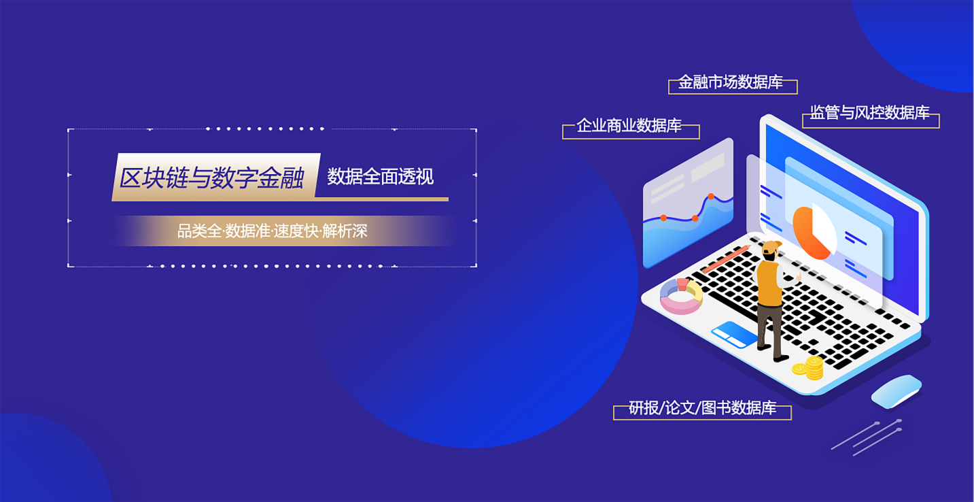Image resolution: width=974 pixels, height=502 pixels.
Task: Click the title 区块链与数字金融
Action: (x=212, y=178)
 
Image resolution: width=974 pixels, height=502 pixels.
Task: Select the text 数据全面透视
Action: (x=381, y=177)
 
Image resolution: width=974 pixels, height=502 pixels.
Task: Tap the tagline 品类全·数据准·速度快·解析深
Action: (x=272, y=231)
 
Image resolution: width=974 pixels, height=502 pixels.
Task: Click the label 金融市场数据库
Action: (x=731, y=82)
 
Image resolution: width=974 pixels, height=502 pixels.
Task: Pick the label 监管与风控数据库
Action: (x=869, y=112)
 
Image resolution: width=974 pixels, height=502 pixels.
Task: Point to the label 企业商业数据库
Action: (x=629, y=125)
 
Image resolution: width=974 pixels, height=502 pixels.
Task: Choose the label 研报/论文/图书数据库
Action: (x=703, y=407)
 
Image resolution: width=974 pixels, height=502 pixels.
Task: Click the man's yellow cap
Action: (x=771, y=247)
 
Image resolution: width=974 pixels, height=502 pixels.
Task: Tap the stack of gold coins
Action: (x=810, y=367)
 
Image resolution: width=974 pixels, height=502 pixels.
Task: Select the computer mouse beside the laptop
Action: (x=896, y=391)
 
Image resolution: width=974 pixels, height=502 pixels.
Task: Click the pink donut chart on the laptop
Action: (x=681, y=297)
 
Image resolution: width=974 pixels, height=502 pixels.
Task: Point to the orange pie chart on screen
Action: (x=812, y=233)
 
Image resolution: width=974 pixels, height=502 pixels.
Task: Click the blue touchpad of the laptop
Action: (x=735, y=334)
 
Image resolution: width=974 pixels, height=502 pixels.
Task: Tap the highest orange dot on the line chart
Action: (x=711, y=197)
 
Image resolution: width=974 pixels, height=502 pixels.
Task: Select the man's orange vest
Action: (x=770, y=283)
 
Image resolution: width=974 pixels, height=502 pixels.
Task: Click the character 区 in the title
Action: (x=131, y=178)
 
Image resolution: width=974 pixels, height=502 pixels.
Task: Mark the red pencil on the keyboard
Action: (x=726, y=259)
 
